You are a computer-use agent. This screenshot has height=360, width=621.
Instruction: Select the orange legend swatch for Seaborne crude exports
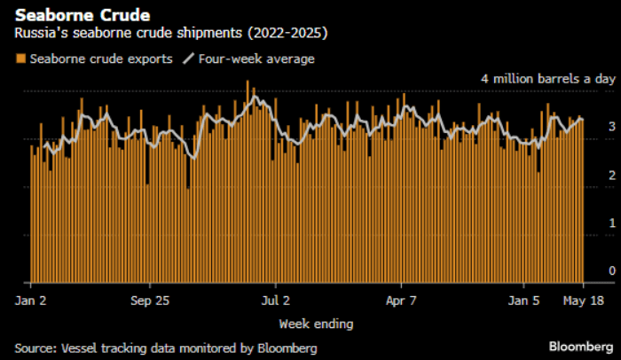tap(20, 59)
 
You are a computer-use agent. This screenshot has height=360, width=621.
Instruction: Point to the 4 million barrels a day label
tap(548, 79)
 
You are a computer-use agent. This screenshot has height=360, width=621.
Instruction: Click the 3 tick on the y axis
tap(612, 128)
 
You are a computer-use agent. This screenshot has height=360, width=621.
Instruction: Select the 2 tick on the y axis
tap(612, 176)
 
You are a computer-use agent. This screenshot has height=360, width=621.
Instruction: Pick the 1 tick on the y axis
tap(612, 223)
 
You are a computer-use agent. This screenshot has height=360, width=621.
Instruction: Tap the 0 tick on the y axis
tap(612, 271)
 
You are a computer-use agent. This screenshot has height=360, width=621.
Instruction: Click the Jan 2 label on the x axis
tap(31, 301)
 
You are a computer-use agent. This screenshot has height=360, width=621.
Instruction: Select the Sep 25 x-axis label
tap(149, 301)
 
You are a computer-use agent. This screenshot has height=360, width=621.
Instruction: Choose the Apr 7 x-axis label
tap(402, 301)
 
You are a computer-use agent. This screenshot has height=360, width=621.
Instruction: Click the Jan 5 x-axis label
tap(523, 301)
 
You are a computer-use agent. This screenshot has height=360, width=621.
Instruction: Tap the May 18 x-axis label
tap(584, 301)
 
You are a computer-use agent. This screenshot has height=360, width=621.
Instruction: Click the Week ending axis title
tap(316, 323)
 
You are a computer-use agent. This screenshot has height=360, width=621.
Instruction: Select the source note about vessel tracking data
tap(165, 348)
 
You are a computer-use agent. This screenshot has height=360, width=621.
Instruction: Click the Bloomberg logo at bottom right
tap(579, 346)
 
